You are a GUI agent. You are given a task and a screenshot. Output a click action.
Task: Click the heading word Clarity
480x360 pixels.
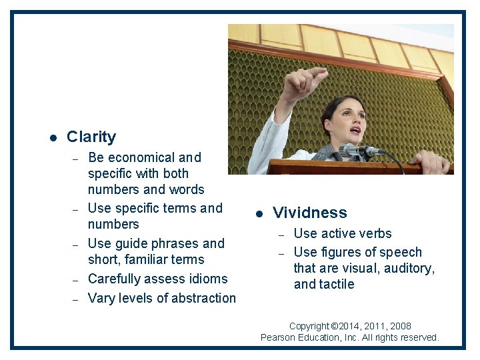[91, 137]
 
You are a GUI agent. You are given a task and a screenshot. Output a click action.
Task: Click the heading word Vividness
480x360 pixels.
[310, 213]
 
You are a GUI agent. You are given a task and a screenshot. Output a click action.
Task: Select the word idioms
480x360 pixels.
[207, 279]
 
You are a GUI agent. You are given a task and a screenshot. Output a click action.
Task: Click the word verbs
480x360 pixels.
[375, 234]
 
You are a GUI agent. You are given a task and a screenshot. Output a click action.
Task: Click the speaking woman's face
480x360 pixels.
[349, 121]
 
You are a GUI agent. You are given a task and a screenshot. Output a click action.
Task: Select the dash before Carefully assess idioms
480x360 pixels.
[75, 279]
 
